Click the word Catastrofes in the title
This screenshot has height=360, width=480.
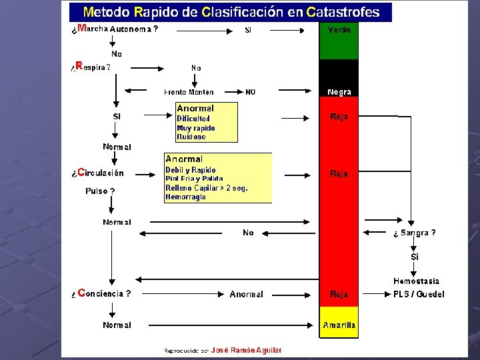coord(343,12)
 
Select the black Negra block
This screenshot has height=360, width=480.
coord(339,79)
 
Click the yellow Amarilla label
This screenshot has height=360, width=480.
coord(339,325)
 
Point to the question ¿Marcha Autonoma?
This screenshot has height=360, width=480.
coord(115,29)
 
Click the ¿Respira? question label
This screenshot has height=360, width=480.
coord(91,67)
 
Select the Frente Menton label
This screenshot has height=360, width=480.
coord(189,92)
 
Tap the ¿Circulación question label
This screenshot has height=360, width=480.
coord(97,173)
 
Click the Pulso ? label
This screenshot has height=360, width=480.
coord(100,191)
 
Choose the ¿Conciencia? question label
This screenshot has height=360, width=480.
coord(101,293)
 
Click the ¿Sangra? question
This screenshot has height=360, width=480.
coord(414,233)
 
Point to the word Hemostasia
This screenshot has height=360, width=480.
coord(416,281)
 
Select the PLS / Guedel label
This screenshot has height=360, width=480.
coord(418,294)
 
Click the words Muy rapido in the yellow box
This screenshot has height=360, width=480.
coord(195,128)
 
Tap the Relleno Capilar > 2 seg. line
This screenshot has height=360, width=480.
coord(206,188)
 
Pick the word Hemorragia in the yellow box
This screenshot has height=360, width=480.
coord(185,197)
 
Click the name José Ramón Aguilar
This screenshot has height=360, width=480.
coord(246,350)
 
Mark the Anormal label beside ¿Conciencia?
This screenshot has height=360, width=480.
coord(246,294)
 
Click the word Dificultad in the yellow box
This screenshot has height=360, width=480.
coord(193,119)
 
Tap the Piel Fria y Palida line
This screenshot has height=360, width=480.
coord(194,179)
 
